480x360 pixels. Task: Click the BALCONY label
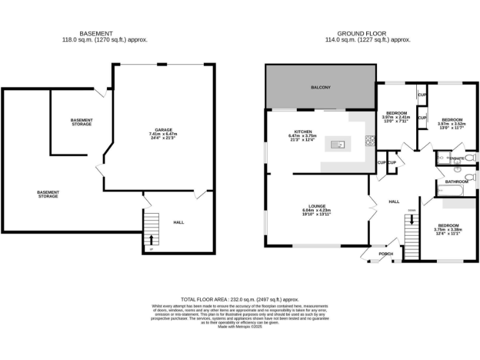pyautogui.click(x=321, y=87)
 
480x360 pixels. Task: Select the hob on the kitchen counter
pyautogui.click(x=370, y=141)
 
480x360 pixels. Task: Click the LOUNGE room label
pyautogui.click(x=316, y=206)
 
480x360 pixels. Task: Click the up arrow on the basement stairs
pyautogui.click(x=150, y=239)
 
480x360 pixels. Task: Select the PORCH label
pyautogui.click(x=386, y=254)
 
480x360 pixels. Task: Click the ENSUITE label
pyautogui.click(x=457, y=159)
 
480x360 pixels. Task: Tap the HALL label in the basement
pyautogui.click(x=179, y=222)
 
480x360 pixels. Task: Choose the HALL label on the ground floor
pyautogui.click(x=394, y=202)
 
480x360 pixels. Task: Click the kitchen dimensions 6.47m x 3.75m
pyautogui.click(x=302, y=136)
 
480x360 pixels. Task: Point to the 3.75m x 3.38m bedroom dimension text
pyautogui.click(x=448, y=229)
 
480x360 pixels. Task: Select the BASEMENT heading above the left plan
pyautogui.click(x=96, y=33)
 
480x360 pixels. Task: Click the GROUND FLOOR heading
pyautogui.click(x=361, y=33)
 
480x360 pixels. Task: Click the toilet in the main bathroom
pyautogui.click(x=457, y=169)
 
